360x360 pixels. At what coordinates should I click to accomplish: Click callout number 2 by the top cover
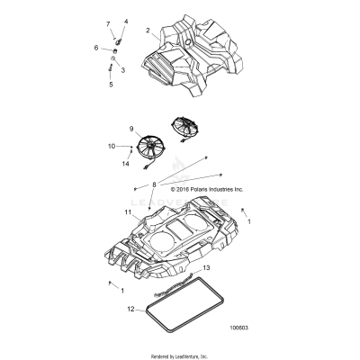click(147, 30)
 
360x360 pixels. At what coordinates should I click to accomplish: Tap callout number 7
click(109, 23)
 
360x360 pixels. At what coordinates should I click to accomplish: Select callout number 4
click(126, 21)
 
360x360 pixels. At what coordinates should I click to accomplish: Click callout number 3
click(122, 69)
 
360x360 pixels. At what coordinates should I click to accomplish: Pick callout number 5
click(111, 85)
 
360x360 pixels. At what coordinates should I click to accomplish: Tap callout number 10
click(112, 145)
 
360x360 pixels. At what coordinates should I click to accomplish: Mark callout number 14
click(125, 164)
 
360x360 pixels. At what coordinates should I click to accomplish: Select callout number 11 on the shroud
click(129, 213)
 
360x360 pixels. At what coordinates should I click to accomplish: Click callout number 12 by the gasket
click(130, 309)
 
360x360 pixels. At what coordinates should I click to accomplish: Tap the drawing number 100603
click(239, 328)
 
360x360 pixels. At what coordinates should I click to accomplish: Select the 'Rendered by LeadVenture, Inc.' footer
click(180, 352)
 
